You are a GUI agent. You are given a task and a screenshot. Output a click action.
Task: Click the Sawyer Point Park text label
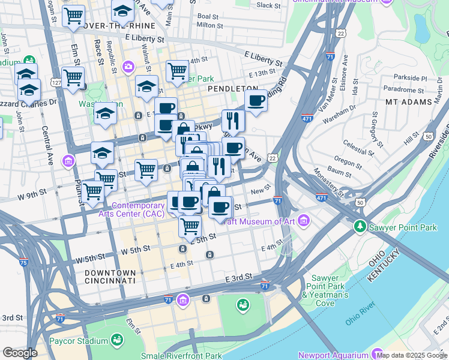(x=402, y=227)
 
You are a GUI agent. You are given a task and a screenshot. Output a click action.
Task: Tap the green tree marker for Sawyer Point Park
(x=360, y=226)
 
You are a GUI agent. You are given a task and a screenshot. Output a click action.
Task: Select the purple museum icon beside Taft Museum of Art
(x=304, y=221)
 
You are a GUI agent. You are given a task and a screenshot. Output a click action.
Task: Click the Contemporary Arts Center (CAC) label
(x=137, y=209)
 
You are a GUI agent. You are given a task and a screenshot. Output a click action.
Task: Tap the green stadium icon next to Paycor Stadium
(x=116, y=341)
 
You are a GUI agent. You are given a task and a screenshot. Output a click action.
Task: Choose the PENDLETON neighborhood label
(x=232, y=88)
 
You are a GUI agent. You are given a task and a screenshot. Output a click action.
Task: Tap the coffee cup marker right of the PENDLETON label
(x=256, y=101)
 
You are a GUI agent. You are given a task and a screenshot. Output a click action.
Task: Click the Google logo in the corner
(x=20, y=353)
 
